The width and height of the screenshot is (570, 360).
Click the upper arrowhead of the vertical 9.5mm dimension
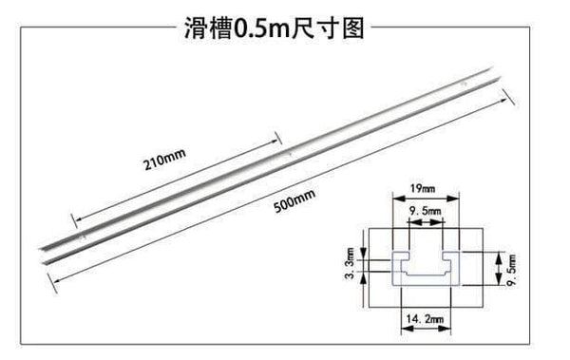click(x=498, y=256)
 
